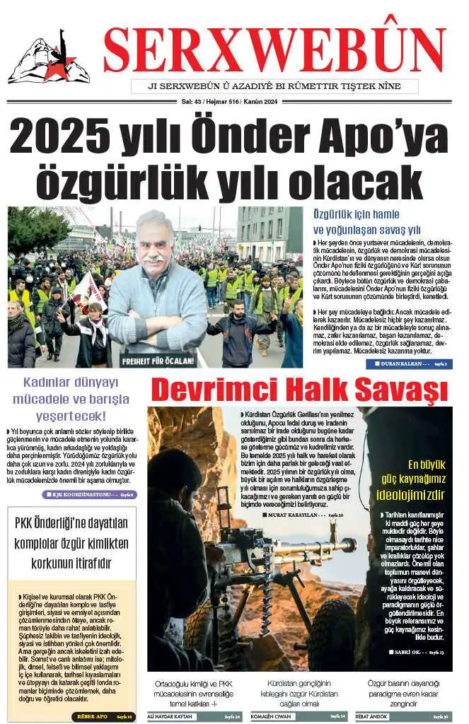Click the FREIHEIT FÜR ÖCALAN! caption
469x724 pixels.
(x=157, y=361)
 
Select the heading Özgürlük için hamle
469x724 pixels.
(x=351, y=214)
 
